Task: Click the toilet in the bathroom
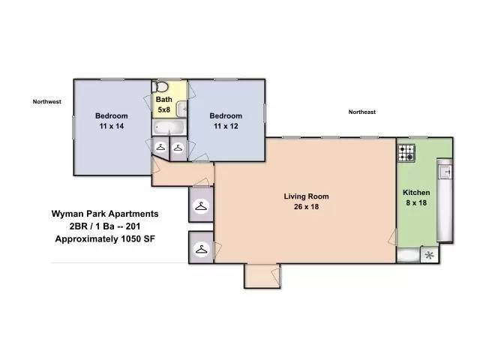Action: point(160,87)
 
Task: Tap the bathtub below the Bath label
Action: point(169,127)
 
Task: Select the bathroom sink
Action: point(181,109)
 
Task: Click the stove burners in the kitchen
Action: point(406,153)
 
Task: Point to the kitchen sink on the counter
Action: point(445,172)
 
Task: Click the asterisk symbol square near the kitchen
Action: point(430,255)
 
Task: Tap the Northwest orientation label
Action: point(46,102)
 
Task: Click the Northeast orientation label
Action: point(361,112)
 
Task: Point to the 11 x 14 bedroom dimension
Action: point(112,126)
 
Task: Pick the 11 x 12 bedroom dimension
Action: point(226,126)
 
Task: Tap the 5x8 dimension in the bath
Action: point(163,109)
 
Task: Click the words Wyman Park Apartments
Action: point(105,214)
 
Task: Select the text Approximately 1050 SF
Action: point(105,238)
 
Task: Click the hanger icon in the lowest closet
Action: point(201,250)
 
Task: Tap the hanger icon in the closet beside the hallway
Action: point(201,206)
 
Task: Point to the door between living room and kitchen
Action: point(392,238)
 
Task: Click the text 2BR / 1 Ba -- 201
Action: point(105,226)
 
